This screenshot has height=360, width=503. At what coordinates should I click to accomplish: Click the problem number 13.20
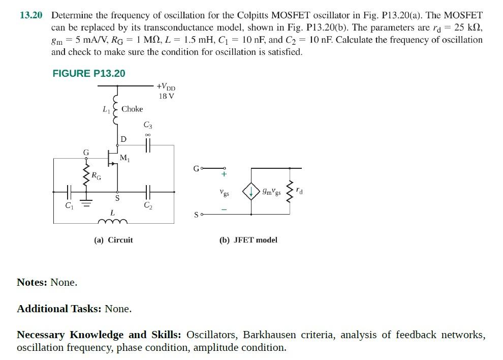coord(30,15)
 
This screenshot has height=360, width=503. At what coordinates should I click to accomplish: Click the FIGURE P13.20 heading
coord(89,73)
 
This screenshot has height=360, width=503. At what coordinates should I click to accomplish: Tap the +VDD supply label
coord(166,87)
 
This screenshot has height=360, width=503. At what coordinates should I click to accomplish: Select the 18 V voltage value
coord(166,96)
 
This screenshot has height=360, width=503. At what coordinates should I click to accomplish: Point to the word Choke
coord(132,109)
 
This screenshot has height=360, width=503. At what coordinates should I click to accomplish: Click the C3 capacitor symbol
coord(148,145)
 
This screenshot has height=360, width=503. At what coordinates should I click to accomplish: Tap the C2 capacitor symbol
coord(148,192)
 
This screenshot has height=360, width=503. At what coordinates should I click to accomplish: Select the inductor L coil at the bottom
coord(112,221)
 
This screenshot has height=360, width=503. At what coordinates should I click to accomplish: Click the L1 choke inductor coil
coord(117,109)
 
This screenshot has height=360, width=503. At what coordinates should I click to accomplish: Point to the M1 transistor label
coord(124,159)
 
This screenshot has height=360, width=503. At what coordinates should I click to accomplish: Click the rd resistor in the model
coord(291,191)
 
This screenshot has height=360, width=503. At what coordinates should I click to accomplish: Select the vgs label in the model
coord(224,193)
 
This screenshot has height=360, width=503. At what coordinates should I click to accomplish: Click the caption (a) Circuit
coord(113,239)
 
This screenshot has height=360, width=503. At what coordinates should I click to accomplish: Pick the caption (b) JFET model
coord(248,239)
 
